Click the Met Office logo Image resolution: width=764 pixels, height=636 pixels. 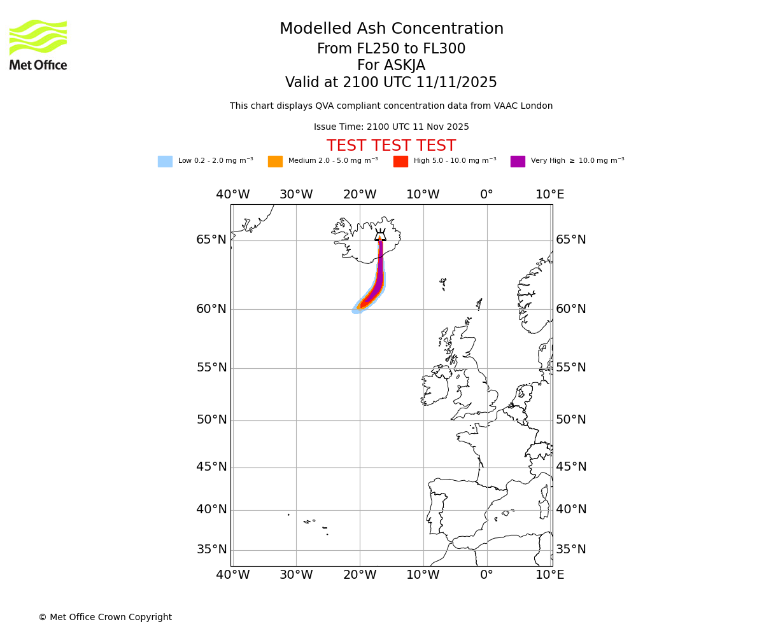tap(38, 45)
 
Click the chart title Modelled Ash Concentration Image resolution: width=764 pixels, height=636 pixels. tap(391, 29)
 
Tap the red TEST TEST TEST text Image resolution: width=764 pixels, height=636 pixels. tap(391, 146)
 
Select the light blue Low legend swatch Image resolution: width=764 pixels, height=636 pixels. tap(165, 162)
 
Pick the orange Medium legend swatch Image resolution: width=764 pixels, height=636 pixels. tap(275, 162)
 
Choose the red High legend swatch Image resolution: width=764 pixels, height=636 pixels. tap(400, 162)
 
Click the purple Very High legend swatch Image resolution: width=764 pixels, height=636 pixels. tap(518, 162)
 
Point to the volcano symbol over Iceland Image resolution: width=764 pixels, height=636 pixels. tap(380, 235)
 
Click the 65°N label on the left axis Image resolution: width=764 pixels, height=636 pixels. tap(211, 240)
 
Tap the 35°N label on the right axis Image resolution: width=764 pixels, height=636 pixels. tap(571, 550)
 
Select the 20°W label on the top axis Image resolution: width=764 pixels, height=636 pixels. tap(360, 195)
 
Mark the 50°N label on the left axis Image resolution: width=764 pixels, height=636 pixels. tap(211, 420)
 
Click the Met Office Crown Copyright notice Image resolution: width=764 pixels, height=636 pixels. tap(105, 618)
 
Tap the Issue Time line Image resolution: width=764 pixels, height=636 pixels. tap(391, 127)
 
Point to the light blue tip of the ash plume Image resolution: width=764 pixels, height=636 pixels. tap(357, 310)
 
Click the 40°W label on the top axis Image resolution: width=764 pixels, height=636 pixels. tap(232, 195)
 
